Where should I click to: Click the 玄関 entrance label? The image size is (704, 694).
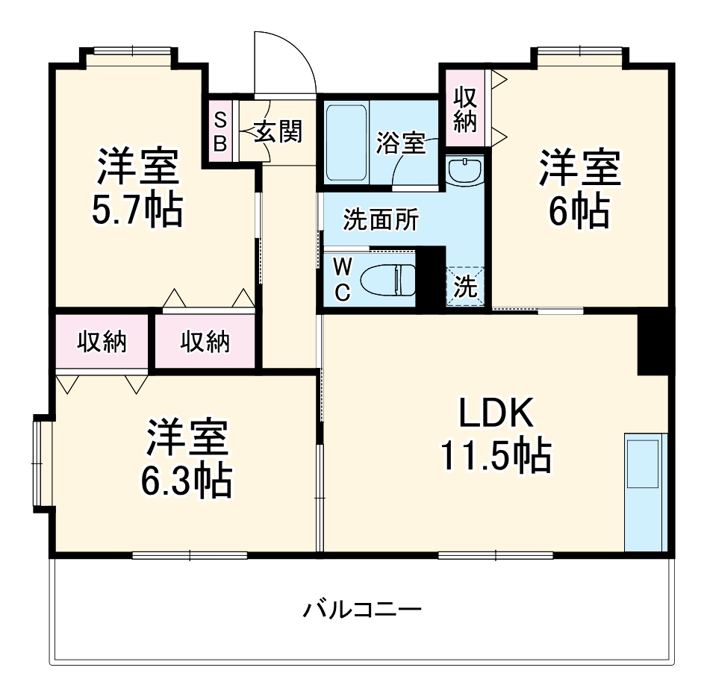(279, 132)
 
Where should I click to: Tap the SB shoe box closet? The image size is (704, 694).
(220, 131)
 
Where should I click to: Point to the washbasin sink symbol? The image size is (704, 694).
(465, 172)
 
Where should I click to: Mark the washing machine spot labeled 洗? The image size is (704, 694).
(465, 287)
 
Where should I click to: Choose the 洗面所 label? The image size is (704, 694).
(380, 221)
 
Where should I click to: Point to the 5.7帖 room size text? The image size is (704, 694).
(137, 212)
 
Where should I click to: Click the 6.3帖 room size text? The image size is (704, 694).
(187, 482)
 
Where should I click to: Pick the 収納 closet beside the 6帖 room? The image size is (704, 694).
(465, 110)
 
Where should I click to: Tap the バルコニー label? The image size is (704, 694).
(362, 610)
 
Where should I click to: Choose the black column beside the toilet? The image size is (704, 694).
(429, 275)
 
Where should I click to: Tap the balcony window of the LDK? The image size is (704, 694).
(495, 554)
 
